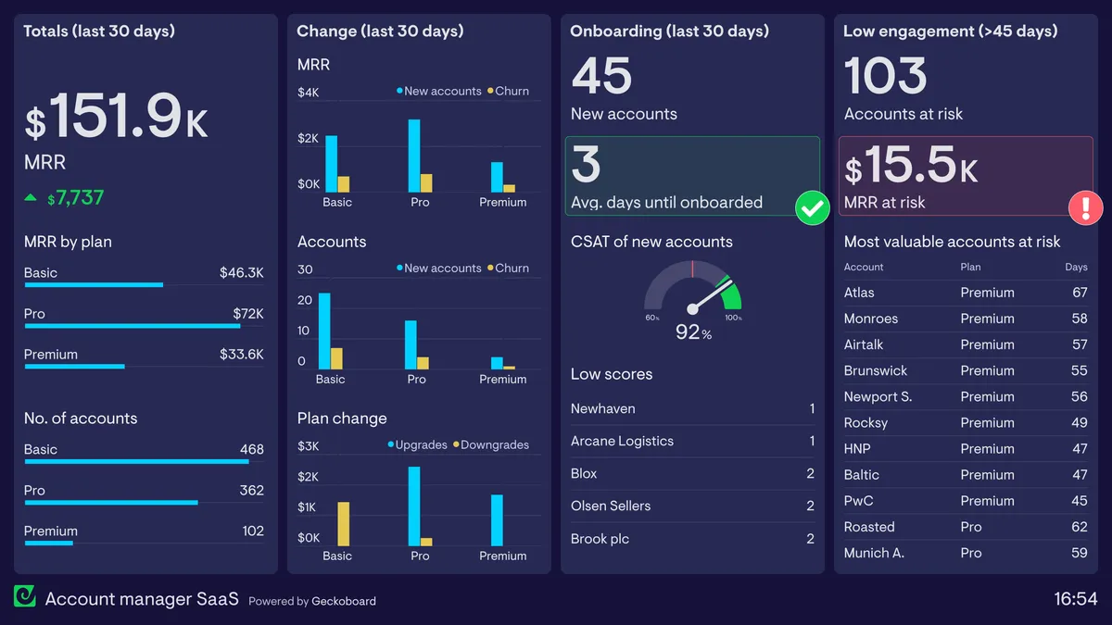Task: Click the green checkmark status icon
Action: click(813, 208)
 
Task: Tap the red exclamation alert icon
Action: click(1085, 207)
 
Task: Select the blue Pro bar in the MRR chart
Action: click(414, 156)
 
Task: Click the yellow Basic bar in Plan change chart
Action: click(343, 524)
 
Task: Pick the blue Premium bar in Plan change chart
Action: click(497, 520)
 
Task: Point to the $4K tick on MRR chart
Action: click(308, 93)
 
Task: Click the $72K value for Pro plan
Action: click(248, 314)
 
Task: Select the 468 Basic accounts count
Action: click(251, 449)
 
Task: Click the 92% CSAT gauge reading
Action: click(693, 331)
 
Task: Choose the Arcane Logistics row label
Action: click(622, 441)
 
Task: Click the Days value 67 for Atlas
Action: click(1079, 293)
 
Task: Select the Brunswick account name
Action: click(875, 370)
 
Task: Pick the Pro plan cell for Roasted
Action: click(970, 527)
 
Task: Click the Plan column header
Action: click(969, 267)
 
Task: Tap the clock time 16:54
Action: click(1075, 599)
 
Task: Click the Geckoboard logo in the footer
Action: click(24, 597)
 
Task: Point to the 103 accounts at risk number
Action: click(885, 77)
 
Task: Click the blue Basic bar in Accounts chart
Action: click(324, 331)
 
